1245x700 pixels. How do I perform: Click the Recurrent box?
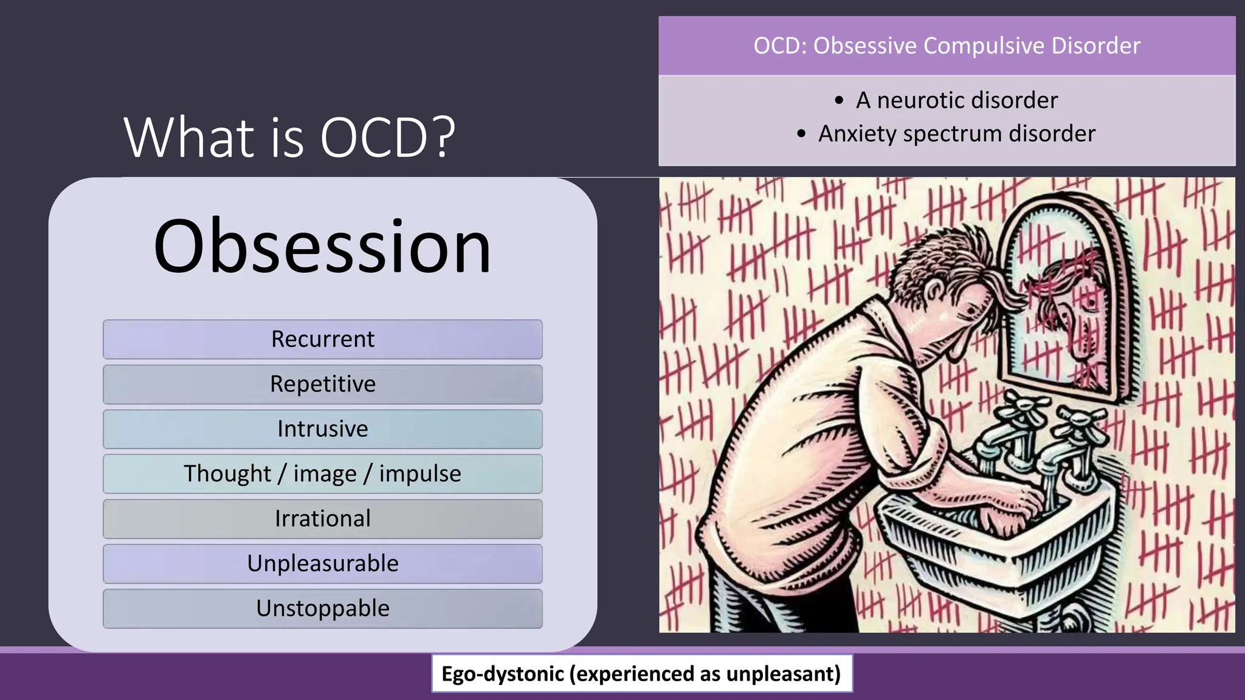[x=322, y=339]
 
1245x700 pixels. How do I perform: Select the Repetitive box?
[x=322, y=384]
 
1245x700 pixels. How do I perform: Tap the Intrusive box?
[x=322, y=429]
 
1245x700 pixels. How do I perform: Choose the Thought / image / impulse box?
[x=322, y=474]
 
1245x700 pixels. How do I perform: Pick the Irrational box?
[x=322, y=519]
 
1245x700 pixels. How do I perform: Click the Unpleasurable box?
[x=322, y=564]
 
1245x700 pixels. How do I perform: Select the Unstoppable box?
[x=322, y=608]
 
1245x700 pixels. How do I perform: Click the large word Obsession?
[x=322, y=246]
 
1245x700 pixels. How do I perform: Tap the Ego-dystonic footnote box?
[x=641, y=673]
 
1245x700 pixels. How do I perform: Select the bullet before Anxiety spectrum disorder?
[x=801, y=134]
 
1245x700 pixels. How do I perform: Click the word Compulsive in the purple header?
[x=984, y=46]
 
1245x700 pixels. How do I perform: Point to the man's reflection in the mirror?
[x=1073, y=316]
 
